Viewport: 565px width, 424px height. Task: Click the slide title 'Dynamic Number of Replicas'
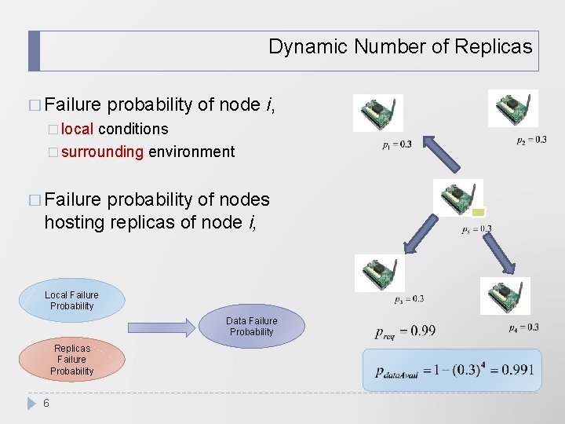(x=399, y=46)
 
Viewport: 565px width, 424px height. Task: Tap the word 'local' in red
(x=77, y=129)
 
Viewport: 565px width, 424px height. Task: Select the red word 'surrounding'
(x=102, y=152)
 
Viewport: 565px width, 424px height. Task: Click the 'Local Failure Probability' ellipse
(x=71, y=301)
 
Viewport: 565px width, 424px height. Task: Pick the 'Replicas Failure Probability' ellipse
(x=71, y=360)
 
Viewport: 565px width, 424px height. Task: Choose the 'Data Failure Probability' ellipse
(x=251, y=327)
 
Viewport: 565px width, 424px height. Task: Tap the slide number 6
(x=46, y=403)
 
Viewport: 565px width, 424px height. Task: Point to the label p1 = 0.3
(x=396, y=144)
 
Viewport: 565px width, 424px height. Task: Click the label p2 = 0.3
(x=531, y=140)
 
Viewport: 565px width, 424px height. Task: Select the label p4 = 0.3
(x=523, y=327)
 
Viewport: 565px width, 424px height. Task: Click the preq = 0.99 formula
(x=405, y=331)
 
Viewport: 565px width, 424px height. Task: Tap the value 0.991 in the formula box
(x=520, y=370)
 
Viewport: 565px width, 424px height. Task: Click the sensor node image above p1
(x=378, y=113)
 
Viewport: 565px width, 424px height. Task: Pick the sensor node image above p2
(x=512, y=108)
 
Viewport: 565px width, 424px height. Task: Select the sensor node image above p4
(x=505, y=296)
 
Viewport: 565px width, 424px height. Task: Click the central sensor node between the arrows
(x=458, y=199)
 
